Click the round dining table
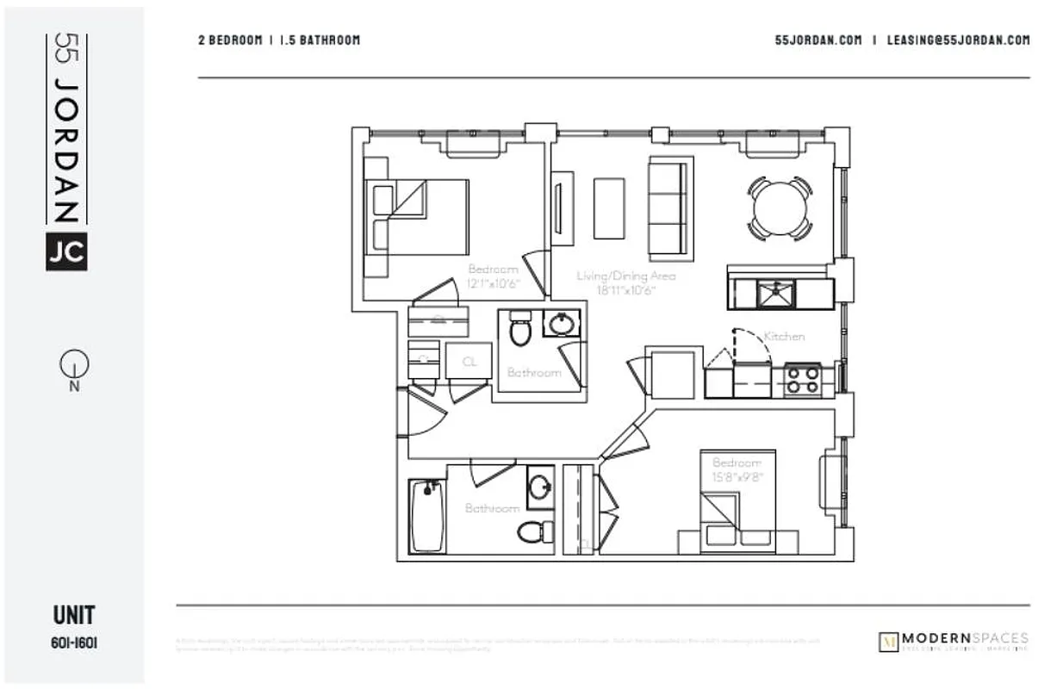[x=780, y=208]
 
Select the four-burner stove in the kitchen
[x=803, y=380]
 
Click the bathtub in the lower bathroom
[x=427, y=516]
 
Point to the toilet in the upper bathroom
[x=519, y=330]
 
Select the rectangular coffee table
[x=609, y=208]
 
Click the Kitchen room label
[x=783, y=336]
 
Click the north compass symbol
[x=74, y=367]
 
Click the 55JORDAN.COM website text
[x=817, y=40]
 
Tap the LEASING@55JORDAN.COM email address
[x=958, y=40]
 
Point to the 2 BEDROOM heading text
[x=230, y=40]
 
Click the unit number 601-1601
[x=74, y=642]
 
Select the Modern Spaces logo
[x=953, y=641]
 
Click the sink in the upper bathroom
[x=562, y=324]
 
